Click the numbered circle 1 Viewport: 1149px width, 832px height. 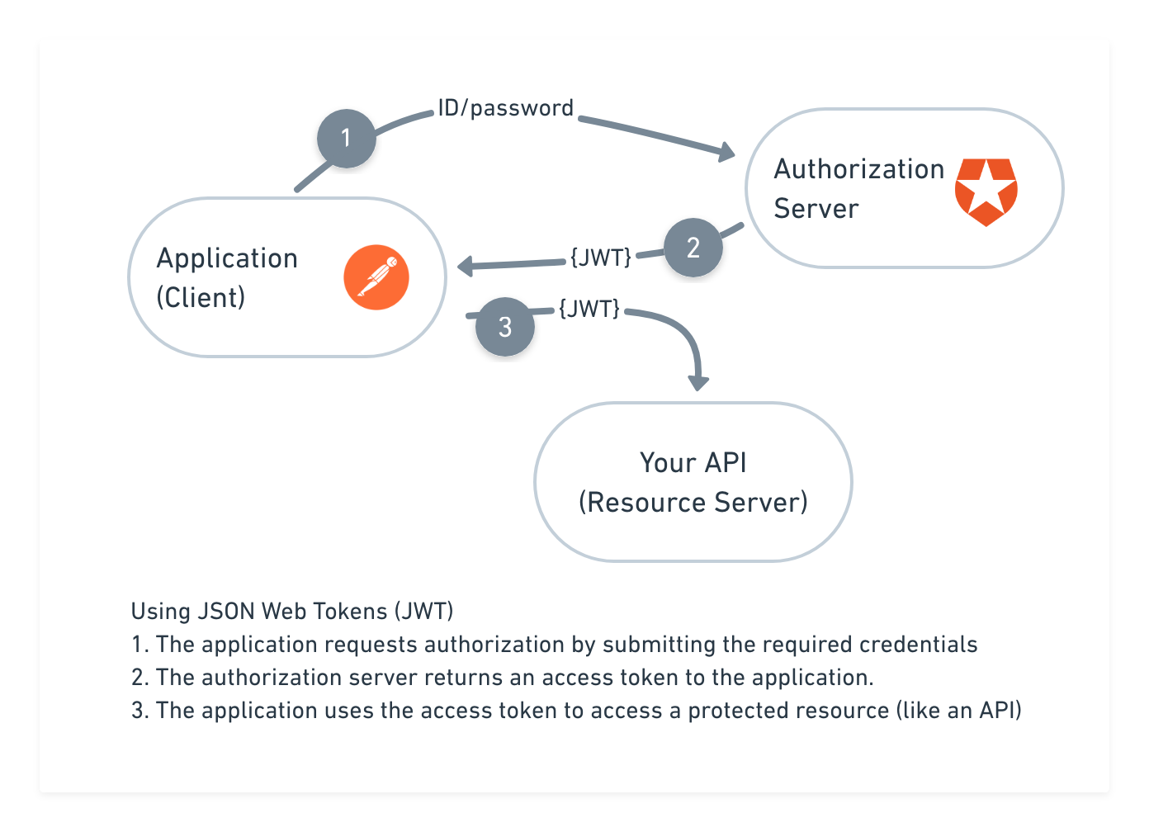click(347, 138)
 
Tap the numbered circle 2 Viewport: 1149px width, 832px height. click(693, 247)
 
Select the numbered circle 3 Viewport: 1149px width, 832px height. click(505, 328)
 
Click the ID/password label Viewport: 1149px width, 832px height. click(505, 108)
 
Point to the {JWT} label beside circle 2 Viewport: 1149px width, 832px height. click(601, 257)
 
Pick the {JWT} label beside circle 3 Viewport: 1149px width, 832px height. click(589, 309)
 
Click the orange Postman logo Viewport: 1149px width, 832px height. click(376, 277)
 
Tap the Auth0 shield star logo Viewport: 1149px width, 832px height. click(986, 191)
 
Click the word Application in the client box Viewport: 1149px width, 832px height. click(227, 258)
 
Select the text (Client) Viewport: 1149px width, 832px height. click(201, 297)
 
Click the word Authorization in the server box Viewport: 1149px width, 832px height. click(858, 169)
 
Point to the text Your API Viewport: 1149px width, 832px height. click(693, 462)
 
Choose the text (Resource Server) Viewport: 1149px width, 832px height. click(693, 502)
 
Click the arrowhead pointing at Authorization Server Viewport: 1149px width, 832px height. click(726, 151)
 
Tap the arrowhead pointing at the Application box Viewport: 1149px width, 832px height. click(465, 267)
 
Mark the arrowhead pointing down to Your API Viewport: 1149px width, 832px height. click(699, 381)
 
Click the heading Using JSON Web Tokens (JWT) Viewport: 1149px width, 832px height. click(292, 612)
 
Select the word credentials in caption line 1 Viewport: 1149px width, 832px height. click(918, 645)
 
